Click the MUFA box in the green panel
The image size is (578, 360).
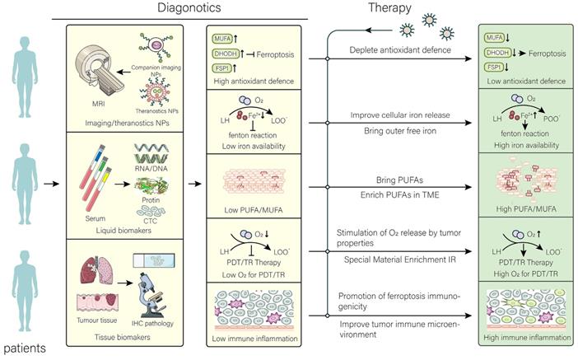[x=496, y=36]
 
